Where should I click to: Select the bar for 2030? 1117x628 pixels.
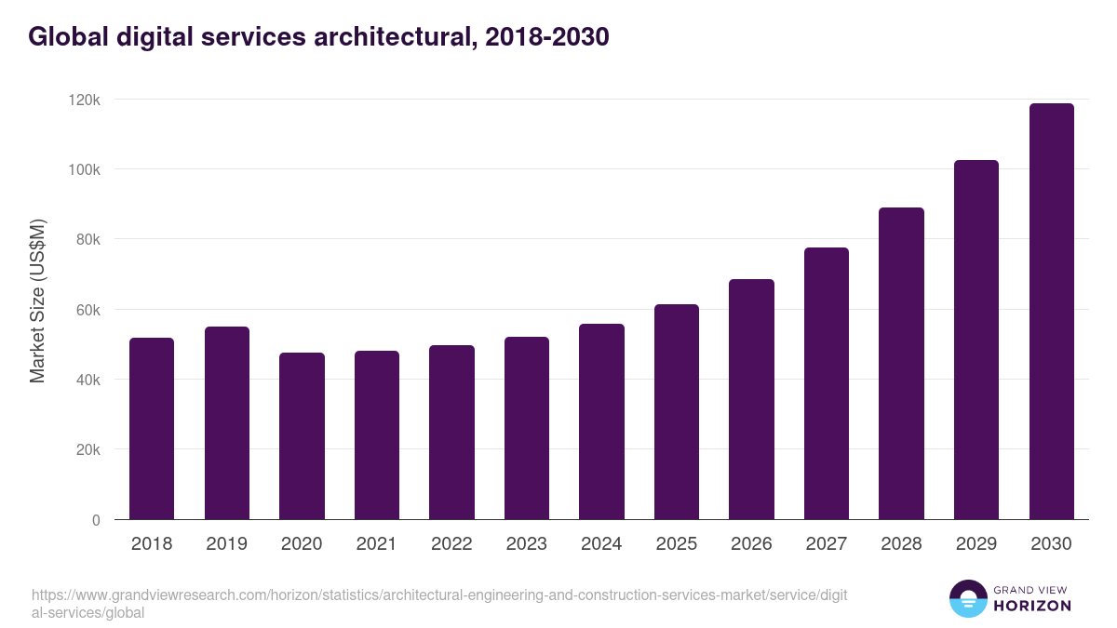1051,312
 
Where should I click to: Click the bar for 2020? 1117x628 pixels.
302,436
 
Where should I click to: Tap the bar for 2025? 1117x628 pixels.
676,412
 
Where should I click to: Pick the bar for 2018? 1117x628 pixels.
152,429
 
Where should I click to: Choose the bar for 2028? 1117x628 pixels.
901,364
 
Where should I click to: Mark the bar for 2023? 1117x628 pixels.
527,428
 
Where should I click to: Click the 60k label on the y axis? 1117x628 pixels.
89,310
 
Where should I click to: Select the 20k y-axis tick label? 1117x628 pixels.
89,449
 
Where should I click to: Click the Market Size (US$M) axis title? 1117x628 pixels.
37,301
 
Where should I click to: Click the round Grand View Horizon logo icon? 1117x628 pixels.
967,599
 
